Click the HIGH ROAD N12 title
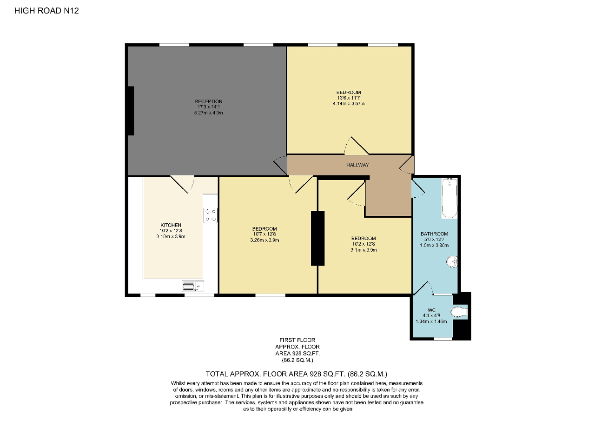(x=46, y=11)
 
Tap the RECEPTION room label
(x=208, y=101)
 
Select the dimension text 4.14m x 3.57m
(x=349, y=104)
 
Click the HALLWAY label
(x=357, y=165)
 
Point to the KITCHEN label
(x=171, y=225)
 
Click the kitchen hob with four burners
(x=210, y=215)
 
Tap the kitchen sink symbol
(x=190, y=286)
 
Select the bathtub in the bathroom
(x=450, y=198)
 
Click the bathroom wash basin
(x=452, y=263)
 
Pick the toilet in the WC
(x=459, y=312)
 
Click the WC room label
(x=432, y=310)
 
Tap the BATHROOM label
(x=434, y=234)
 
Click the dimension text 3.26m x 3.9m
(x=264, y=240)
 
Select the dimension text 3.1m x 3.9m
(x=364, y=250)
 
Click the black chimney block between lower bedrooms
(x=317, y=238)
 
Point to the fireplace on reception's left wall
(x=131, y=111)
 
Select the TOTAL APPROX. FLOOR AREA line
(x=297, y=374)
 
